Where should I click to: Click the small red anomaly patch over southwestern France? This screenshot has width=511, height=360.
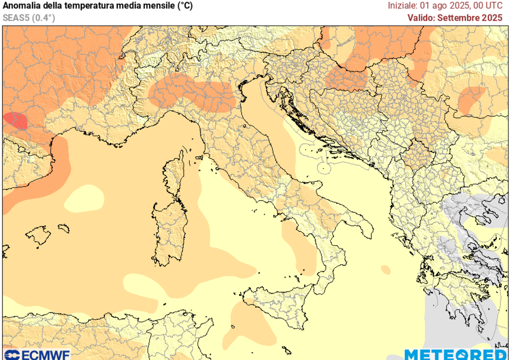point(15,121)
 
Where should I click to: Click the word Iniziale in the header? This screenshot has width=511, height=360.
point(403,6)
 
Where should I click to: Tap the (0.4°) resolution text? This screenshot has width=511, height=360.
point(44,18)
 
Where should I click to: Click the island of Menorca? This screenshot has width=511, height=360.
point(63,228)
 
